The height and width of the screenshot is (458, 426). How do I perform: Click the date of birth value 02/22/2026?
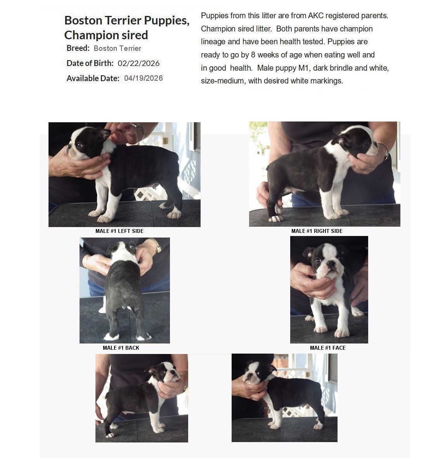[x=139, y=63]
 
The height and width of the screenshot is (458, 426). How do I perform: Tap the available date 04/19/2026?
[x=144, y=78]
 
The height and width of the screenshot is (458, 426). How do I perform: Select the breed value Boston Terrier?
[x=118, y=48]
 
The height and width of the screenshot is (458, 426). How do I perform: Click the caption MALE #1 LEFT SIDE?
[x=119, y=231]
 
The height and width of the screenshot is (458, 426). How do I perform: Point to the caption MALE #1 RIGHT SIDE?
[x=317, y=231]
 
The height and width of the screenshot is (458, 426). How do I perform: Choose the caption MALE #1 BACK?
[x=121, y=348]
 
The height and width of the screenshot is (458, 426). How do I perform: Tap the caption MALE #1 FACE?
[x=327, y=348]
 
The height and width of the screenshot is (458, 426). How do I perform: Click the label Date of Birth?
[x=90, y=63]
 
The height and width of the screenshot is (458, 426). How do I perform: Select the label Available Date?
[x=93, y=78]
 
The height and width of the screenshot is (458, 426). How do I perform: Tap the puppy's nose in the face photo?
[x=331, y=264]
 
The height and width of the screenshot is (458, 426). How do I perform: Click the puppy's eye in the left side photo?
[x=79, y=145]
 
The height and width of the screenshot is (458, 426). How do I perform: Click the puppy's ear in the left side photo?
[x=102, y=134]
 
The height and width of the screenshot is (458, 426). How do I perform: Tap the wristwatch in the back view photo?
[x=158, y=247]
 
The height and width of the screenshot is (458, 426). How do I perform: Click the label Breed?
[x=78, y=48]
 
